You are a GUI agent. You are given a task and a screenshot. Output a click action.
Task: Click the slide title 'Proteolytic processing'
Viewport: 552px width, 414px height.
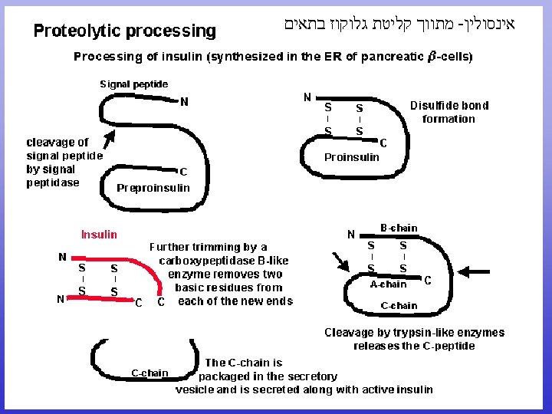point(124,31)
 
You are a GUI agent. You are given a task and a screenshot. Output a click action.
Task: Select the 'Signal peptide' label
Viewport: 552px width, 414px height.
point(134,84)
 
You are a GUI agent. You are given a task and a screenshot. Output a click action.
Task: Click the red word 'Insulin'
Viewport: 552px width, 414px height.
point(100,235)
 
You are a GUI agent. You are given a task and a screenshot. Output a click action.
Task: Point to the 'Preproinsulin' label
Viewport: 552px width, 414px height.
point(153,188)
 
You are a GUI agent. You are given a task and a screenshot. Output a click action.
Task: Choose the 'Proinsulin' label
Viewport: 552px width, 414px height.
point(352,157)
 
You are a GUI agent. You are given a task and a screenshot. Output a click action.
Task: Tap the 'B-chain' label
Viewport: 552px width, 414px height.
point(399,228)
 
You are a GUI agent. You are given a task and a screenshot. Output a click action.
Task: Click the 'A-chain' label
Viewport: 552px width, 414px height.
point(389,284)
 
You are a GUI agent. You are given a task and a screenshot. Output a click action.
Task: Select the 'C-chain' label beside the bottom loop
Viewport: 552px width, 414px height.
point(149,373)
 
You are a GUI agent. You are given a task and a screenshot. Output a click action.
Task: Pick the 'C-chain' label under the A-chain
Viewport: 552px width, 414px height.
point(399,306)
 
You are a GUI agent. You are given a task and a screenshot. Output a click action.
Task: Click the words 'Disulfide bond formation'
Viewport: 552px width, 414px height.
point(449,112)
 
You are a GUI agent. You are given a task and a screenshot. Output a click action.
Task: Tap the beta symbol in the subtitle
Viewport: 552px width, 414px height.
point(432,56)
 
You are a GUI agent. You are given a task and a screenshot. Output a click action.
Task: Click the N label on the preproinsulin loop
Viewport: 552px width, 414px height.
point(184,101)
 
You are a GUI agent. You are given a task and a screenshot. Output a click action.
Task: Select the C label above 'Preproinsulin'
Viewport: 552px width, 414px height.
point(183,172)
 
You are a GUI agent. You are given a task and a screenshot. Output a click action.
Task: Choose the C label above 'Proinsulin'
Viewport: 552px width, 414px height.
point(383,142)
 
